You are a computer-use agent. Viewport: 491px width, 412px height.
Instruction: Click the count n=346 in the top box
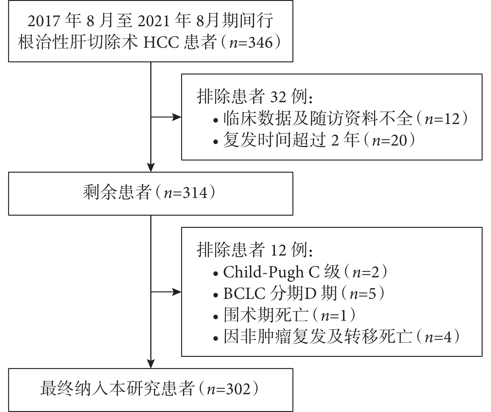[251, 43]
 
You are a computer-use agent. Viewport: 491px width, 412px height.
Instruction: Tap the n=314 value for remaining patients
[185, 193]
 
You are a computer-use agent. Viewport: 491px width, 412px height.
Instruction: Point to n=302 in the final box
[229, 389]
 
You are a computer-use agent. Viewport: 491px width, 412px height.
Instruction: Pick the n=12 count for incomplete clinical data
[442, 119]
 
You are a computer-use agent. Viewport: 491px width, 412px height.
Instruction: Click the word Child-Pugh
[263, 273]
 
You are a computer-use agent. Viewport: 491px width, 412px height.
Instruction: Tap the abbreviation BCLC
[244, 294]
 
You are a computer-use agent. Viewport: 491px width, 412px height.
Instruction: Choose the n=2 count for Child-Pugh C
[366, 272]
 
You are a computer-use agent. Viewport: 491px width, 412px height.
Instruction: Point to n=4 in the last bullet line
[438, 337]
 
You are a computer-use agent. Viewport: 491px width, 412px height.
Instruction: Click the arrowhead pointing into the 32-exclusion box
[177, 117]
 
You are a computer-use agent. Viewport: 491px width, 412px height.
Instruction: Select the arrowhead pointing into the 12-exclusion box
[177, 292]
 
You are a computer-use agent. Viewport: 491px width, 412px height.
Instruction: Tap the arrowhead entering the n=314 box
[151, 167]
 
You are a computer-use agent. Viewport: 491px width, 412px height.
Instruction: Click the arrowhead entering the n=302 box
[151, 364]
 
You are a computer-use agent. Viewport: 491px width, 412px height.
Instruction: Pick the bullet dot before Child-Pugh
[216, 274]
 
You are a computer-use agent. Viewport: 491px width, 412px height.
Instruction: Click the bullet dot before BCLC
[216, 295]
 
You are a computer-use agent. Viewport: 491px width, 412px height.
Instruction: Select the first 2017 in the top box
[44, 21]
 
